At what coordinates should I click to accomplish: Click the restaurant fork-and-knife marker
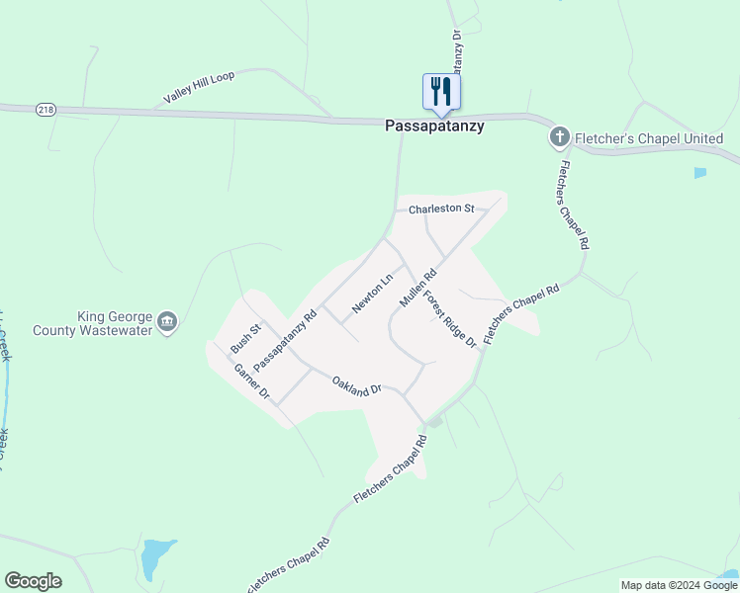tap(440, 92)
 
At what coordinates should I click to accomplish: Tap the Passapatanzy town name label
tap(434, 127)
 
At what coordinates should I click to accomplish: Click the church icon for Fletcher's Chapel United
tap(559, 137)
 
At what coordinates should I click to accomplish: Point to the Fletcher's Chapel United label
tap(650, 139)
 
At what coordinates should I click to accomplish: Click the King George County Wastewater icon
tap(167, 321)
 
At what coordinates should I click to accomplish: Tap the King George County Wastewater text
tap(93, 324)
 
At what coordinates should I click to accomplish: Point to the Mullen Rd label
tap(417, 290)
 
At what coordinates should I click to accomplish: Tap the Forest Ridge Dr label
tap(450, 317)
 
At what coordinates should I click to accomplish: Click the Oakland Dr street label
tap(356, 385)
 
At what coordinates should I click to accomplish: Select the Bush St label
tap(244, 339)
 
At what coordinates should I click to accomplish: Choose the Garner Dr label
tap(251, 381)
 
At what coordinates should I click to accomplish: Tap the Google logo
tap(33, 581)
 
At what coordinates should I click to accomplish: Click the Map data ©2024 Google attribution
tap(679, 585)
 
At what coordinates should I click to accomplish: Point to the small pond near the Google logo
tap(155, 558)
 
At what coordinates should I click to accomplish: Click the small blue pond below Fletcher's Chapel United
tap(700, 173)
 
